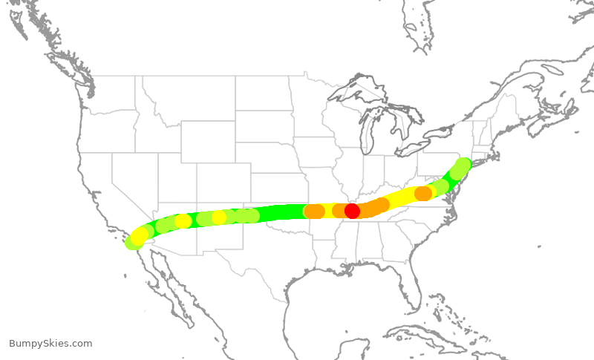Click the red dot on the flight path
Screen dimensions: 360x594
coord(352,211)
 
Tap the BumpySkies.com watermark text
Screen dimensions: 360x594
coord(50,343)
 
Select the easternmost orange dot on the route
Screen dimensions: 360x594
coord(422,194)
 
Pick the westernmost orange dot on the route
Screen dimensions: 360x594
coord(314,212)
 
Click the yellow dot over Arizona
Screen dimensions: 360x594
coord(183,221)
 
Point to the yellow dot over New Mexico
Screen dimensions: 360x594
coord(219,217)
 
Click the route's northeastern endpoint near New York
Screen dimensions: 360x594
coord(463,164)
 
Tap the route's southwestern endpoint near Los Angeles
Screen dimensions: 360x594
coord(133,242)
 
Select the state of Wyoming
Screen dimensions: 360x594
coord(208,142)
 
